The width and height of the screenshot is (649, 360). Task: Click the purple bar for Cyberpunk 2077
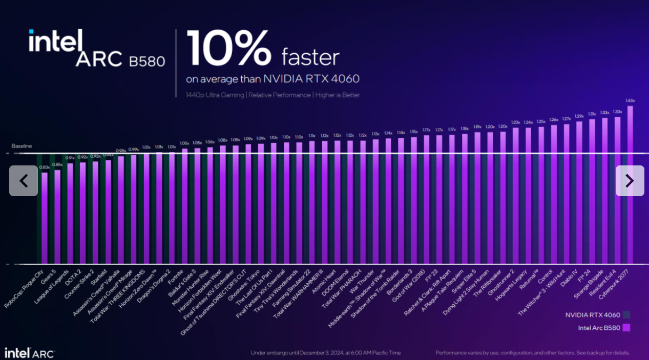pos(630,184)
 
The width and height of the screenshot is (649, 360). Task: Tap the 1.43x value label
pos(630,100)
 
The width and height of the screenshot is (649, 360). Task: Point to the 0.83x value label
pos(44,167)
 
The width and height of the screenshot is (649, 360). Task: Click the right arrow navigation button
pos(630,181)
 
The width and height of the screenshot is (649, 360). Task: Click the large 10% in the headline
pos(229,49)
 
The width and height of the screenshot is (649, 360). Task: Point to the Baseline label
pos(22,146)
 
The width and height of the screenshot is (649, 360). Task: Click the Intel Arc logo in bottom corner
pos(29,353)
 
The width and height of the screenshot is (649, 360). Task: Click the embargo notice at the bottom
pos(325,353)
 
